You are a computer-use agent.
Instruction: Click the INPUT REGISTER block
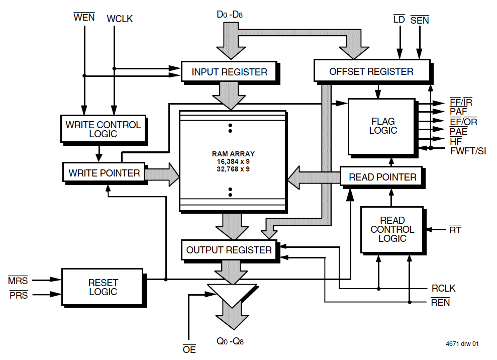click(229, 72)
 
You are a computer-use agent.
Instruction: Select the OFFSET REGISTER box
click(371, 71)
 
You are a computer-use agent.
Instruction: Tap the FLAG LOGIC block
click(382, 126)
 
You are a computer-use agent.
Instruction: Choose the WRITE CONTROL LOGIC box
click(103, 129)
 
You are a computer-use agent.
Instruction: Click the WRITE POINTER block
click(104, 173)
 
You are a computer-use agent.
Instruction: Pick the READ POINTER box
click(382, 177)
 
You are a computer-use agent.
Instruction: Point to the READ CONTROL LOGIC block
click(392, 229)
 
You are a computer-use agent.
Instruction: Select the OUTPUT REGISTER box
click(229, 250)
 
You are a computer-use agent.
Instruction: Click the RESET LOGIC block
click(103, 287)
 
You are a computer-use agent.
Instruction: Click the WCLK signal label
click(120, 19)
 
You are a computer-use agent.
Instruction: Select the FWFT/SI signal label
click(468, 150)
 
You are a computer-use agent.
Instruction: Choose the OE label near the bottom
click(189, 349)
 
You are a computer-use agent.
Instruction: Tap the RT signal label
click(455, 230)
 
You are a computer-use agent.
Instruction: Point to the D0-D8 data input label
click(230, 15)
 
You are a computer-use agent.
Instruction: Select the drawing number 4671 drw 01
click(462, 344)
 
